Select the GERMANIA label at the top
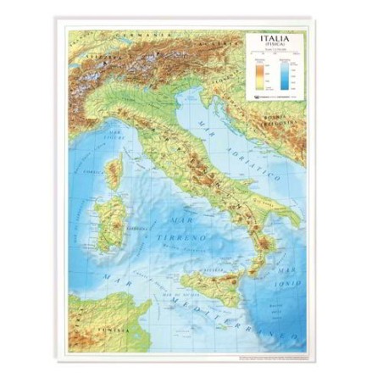coord(136,36)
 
